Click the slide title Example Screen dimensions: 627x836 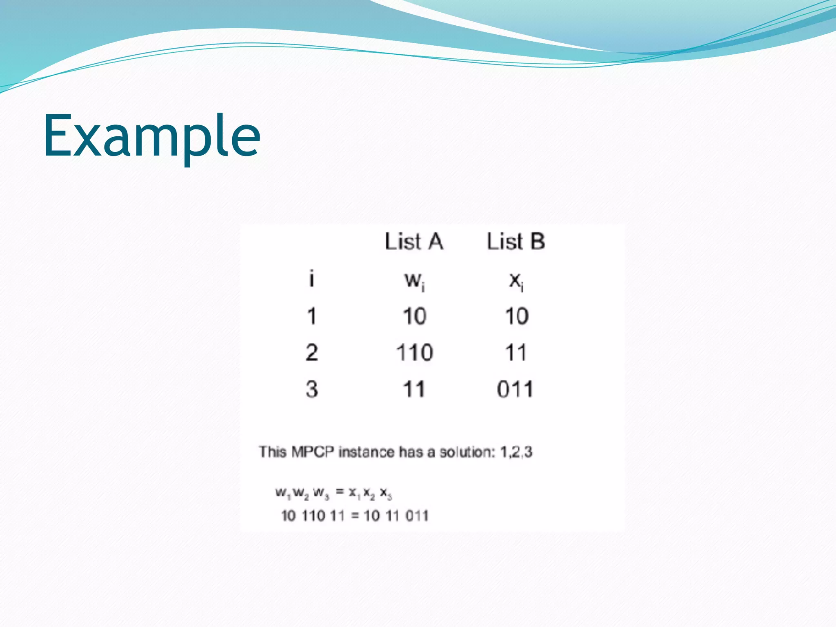click(151, 136)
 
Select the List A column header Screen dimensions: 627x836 click(414, 241)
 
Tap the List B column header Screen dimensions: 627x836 click(516, 241)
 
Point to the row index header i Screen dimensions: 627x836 click(311, 279)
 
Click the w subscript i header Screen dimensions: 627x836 click(415, 281)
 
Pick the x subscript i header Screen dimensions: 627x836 click(516, 281)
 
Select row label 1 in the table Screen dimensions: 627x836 click(311, 316)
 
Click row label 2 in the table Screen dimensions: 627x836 click(311, 353)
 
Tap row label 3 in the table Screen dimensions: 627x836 click(311, 389)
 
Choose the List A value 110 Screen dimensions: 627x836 click(414, 353)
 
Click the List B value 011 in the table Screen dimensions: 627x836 click(515, 389)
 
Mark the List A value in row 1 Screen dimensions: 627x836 click(414, 316)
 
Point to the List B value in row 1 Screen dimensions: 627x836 click(517, 316)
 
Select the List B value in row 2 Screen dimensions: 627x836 click(516, 353)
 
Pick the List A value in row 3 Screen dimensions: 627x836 click(414, 389)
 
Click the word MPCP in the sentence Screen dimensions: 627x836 click(313, 452)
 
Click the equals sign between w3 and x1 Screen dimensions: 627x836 click(340, 492)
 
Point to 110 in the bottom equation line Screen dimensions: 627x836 click(313, 516)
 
